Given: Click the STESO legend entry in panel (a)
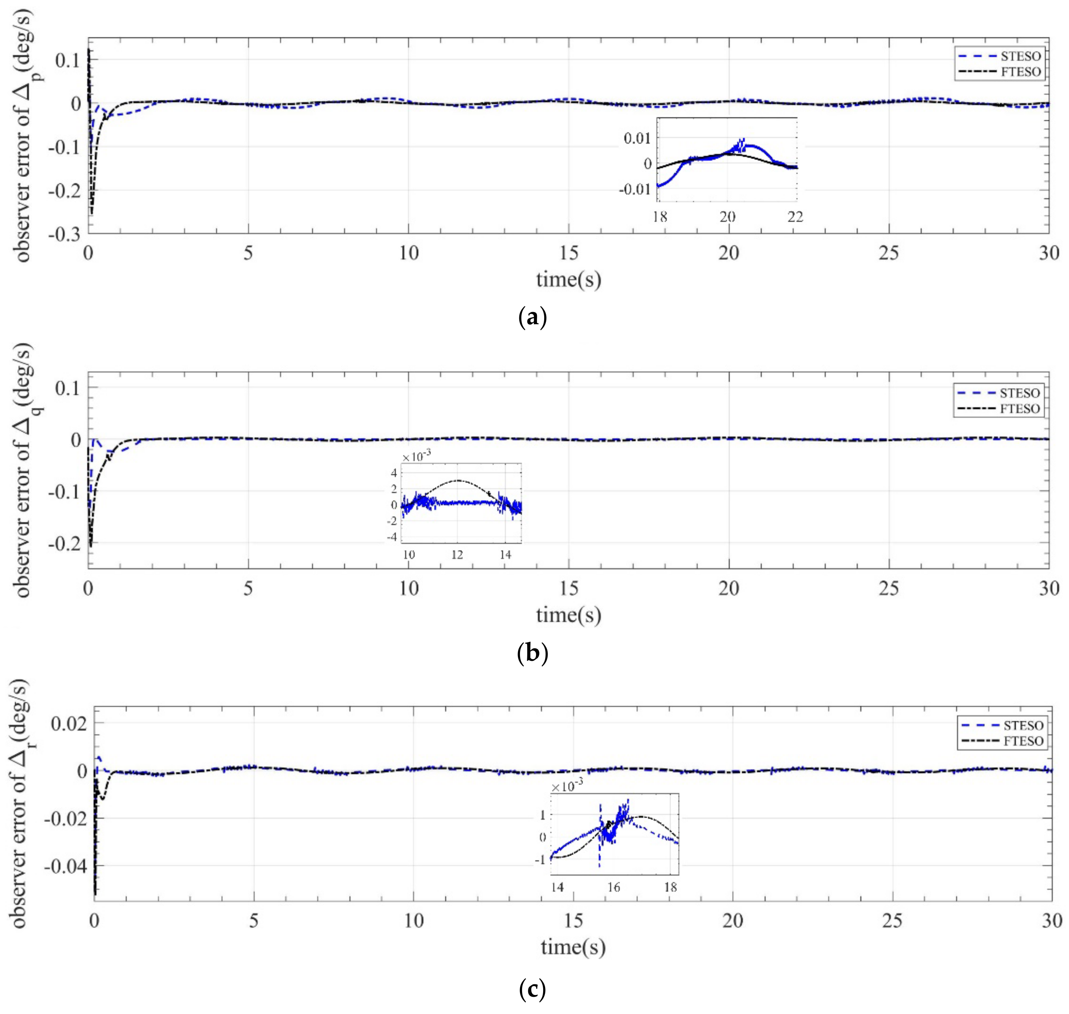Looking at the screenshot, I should click(1020, 56).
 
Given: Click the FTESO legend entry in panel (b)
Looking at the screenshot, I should click(1019, 409).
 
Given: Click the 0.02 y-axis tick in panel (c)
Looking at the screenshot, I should click(69, 723).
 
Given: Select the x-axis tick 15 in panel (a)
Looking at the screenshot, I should click(569, 253).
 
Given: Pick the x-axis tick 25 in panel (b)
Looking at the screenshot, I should click(889, 588).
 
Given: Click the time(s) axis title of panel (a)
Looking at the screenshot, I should click(568, 279).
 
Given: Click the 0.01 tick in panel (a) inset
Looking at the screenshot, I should click(637, 138).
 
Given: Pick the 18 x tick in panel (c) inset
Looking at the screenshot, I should click(670, 887).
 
